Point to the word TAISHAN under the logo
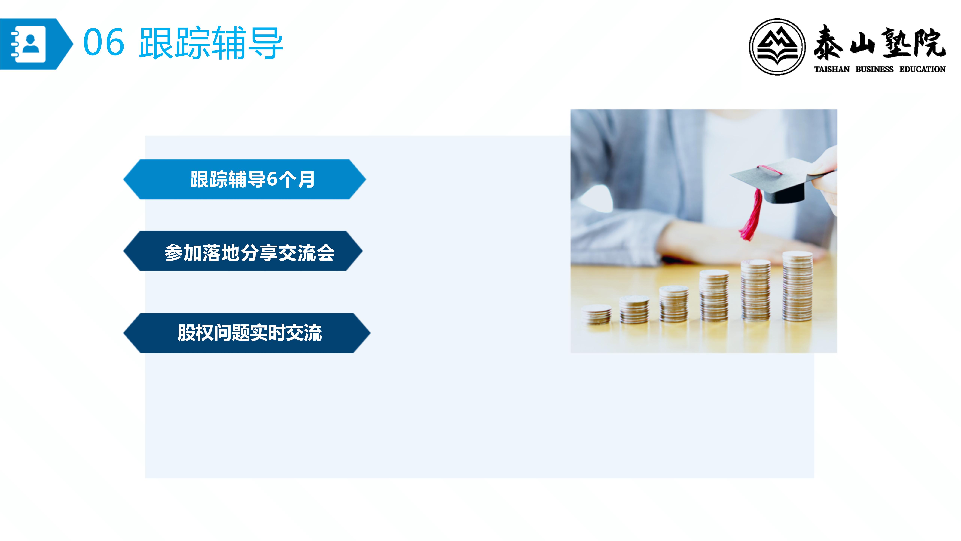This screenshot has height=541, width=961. [831, 70]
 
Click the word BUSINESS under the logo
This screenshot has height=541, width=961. [874, 70]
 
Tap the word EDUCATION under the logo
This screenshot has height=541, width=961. [922, 70]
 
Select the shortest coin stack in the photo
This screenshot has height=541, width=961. [596, 314]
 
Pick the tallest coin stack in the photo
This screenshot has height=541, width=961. [798, 286]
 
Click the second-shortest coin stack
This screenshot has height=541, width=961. [634, 310]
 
